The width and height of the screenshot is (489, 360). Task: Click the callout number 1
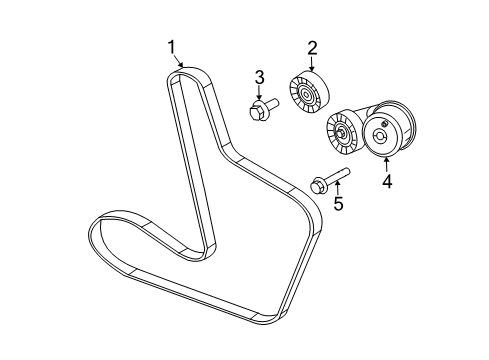(171, 45)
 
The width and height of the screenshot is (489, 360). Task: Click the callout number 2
(312, 46)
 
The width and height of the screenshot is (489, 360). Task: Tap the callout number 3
(259, 76)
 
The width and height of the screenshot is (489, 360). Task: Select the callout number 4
(385, 182)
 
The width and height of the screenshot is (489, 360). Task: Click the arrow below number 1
(180, 64)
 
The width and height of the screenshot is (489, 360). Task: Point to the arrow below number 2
(310, 65)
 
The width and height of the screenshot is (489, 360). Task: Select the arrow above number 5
(336, 190)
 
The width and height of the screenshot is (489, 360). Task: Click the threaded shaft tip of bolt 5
(345, 174)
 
